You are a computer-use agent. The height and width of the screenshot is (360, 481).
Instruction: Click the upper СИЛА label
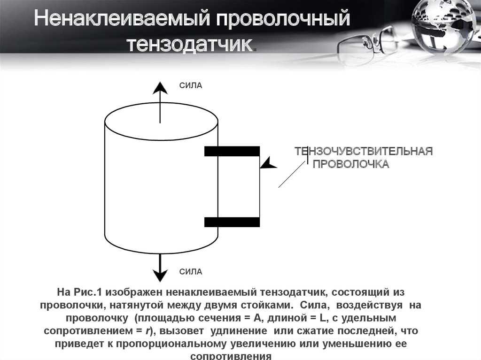(191, 85)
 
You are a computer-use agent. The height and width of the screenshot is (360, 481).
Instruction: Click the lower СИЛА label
(191, 272)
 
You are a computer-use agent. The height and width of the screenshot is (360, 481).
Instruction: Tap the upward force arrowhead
(160, 88)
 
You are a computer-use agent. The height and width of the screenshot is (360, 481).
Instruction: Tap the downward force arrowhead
(160, 275)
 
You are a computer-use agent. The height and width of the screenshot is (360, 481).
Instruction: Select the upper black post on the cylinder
(232, 151)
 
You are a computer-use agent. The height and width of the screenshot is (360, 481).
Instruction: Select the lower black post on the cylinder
(232, 222)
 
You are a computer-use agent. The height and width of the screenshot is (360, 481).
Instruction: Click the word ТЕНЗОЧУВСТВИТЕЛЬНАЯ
(364, 151)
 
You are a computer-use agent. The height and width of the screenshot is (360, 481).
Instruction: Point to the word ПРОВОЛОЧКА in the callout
(351, 164)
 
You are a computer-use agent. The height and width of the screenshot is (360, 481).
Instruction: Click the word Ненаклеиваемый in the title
(122, 18)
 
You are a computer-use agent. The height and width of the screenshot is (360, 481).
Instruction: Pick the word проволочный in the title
(283, 18)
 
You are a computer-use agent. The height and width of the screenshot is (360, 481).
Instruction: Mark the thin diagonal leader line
(292, 175)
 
